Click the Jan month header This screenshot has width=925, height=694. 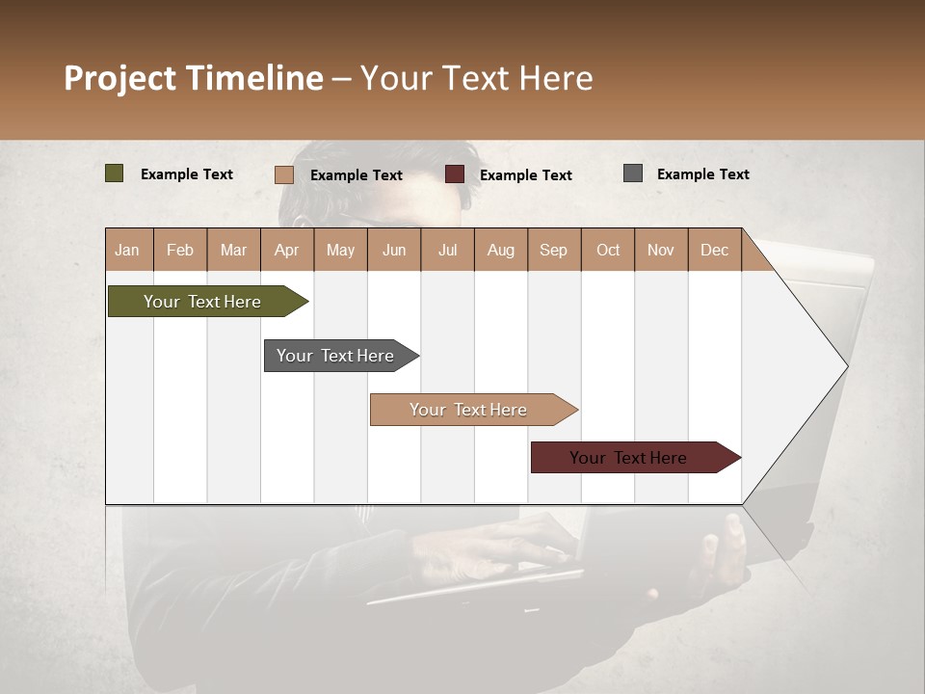(x=128, y=250)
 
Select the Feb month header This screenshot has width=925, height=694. (x=180, y=250)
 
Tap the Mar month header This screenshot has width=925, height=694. (x=233, y=250)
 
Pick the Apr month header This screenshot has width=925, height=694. (x=287, y=250)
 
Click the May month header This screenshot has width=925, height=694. (x=340, y=250)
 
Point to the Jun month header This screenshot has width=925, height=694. (x=394, y=250)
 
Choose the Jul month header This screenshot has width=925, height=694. (x=447, y=250)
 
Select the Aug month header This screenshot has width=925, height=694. (x=501, y=250)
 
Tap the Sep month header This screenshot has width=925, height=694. (x=554, y=250)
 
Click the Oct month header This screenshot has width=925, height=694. (x=608, y=250)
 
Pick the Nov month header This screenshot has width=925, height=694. (x=661, y=250)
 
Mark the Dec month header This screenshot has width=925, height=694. (x=714, y=250)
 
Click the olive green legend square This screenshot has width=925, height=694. (x=115, y=173)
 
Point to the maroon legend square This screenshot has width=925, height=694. (x=455, y=174)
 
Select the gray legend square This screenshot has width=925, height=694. (x=633, y=173)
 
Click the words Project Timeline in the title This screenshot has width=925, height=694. (x=194, y=78)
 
